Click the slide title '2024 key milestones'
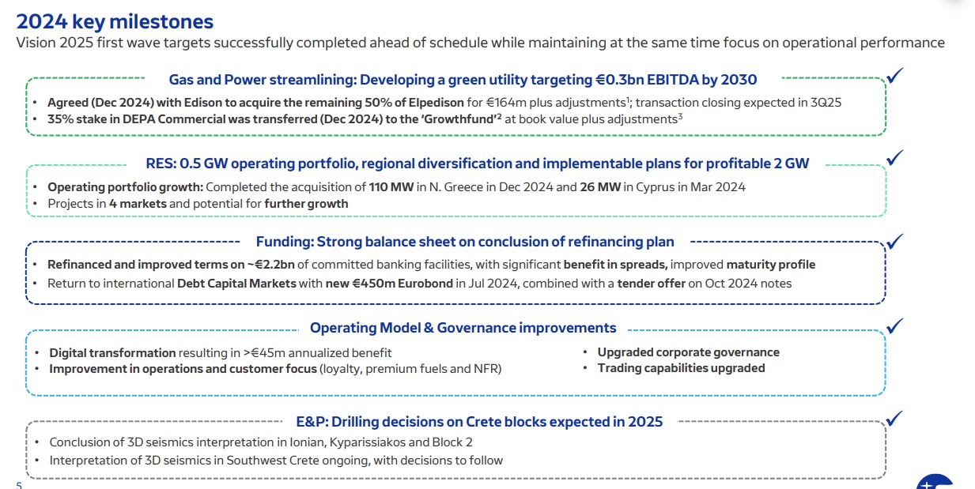click(x=115, y=22)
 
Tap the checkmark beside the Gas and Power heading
click(x=895, y=76)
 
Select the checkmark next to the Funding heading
click(x=895, y=241)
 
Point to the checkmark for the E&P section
click(x=895, y=419)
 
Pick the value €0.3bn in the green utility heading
click(x=619, y=80)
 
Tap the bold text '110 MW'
click(x=391, y=187)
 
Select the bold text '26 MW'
click(x=600, y=187)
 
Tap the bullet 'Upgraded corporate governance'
click(x=688, y=352)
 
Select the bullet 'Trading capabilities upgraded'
click(x=681, y=368)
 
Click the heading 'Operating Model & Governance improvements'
click(x=463, y=328)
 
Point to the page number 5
click(x=19, y=485)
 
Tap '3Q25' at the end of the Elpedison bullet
click(x=826, y=103)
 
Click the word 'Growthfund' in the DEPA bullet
click(x=459, y=119)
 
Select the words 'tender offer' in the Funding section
click(x=651, y=284)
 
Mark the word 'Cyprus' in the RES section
click(x=655, y=187)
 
